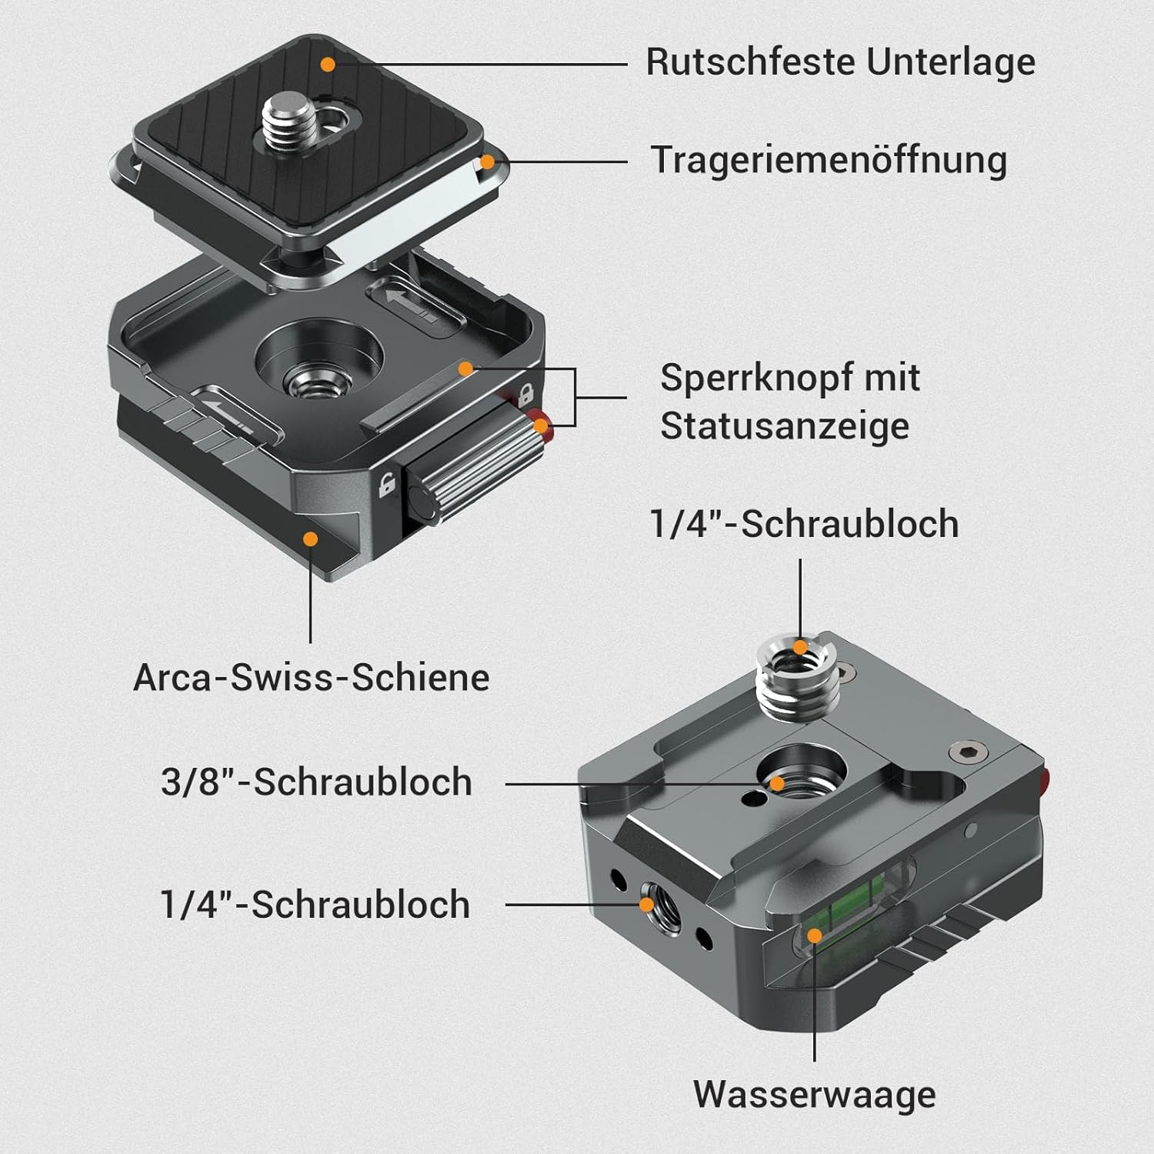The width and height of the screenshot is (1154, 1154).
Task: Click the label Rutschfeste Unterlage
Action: click(x=840, y=62)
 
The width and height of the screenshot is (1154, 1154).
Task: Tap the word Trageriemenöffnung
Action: click(x=829, y=161)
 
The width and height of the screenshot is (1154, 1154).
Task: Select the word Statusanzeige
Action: click(x=785, y=425)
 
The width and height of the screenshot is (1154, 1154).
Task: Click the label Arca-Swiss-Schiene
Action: click(x=312, y=678)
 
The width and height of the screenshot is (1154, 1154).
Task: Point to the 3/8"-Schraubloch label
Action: click(x=316, y=782)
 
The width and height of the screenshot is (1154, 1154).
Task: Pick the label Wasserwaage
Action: click(x=814, y=1094)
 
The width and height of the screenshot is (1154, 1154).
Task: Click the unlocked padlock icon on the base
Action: click(x=386, y=484)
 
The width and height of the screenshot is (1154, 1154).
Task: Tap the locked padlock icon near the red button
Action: click(x=526, y=395)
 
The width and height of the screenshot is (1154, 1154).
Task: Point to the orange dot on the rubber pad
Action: click(x=328, y=65)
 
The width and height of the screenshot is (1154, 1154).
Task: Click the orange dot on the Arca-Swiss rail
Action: click(x=310, y=539)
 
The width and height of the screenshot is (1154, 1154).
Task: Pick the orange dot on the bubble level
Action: click(x=814, y=936)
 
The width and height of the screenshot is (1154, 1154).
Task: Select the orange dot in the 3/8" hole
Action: click(x=777, y=784)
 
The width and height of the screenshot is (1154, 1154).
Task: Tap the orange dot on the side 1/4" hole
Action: click(x=648, y=904)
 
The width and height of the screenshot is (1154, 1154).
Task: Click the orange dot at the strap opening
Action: click(x=485, y=162)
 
